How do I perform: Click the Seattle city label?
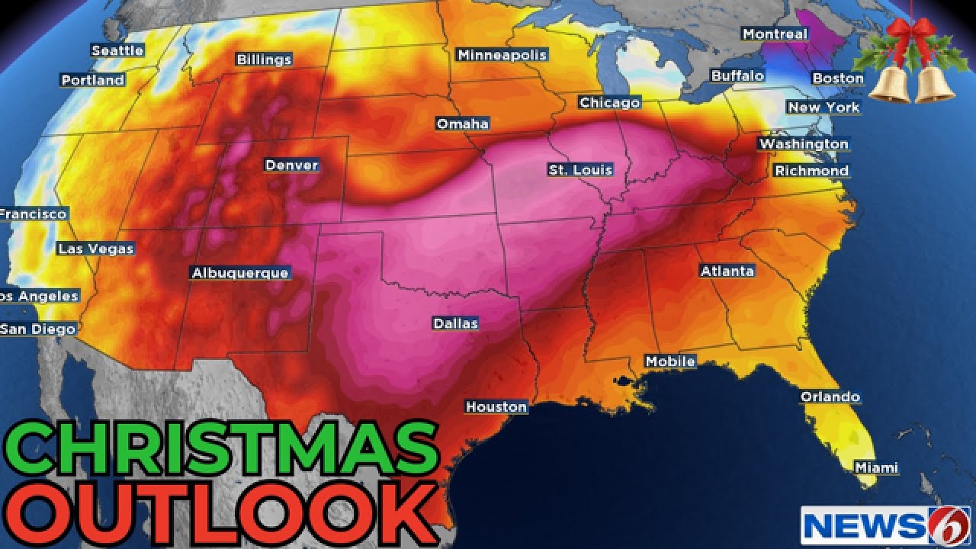pos(117,50)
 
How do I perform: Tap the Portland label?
pos(93,80)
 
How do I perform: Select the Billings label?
pos(264,59)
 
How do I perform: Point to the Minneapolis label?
pos(502,55)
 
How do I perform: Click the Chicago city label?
pos(609,102)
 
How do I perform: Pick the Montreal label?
pos(775,34)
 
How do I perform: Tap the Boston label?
pos(838,78)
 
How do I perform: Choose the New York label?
pos(823,108)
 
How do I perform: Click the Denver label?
pos(291,165)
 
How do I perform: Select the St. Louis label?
pos(580,170)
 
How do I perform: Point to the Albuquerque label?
pos(240,273)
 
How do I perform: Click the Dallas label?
pos(455,323)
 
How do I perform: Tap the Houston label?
pos(496,407)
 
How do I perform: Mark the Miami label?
pos(876,467)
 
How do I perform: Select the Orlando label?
pos(830,396)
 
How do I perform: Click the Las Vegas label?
pos(96,249)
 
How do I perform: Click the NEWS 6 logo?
pos(885,525)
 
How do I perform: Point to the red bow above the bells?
pos(912,35)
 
